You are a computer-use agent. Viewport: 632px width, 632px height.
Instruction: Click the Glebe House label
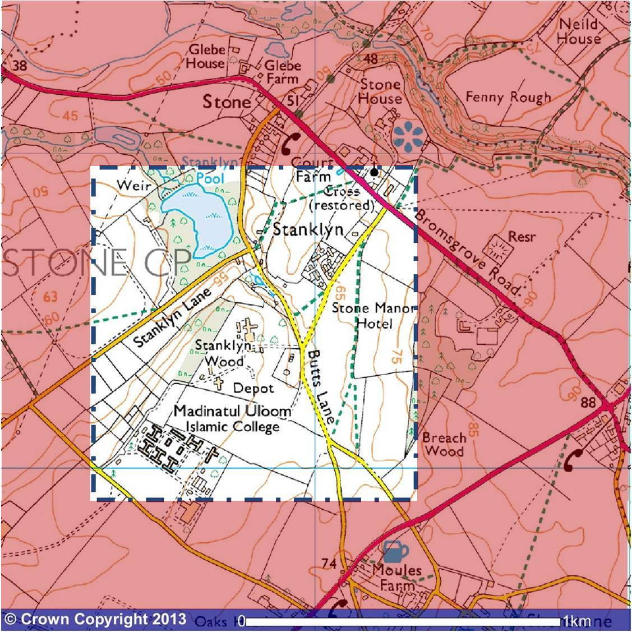[x=206, y=56]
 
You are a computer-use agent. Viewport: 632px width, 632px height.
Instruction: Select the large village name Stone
[x=227, y=102]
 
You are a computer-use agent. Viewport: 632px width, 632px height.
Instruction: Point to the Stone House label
[x=380, y=91]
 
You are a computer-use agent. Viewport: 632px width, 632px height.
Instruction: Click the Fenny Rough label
[x=508, y=97]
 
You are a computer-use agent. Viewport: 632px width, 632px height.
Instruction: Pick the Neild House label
[x=579, y=31]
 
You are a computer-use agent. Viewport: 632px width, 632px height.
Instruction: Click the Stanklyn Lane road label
[x=172, y=319]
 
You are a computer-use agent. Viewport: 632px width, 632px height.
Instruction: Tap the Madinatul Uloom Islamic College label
[x=232, y=419]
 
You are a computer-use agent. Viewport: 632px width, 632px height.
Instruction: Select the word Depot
[x=253, y=388]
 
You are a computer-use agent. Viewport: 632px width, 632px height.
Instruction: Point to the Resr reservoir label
[x=522, y=237]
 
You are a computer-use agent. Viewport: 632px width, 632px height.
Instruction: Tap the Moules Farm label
[x=396, y=578]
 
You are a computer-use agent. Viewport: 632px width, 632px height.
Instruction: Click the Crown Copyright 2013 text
[x=95, y=619]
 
